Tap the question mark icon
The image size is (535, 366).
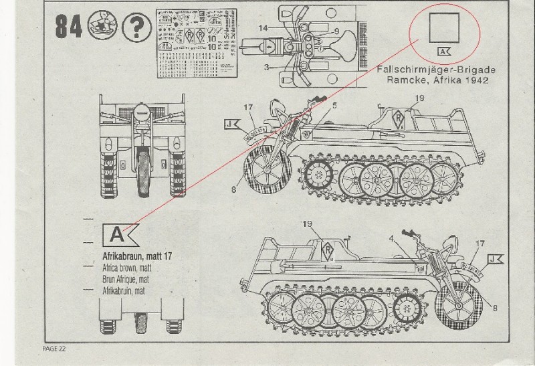(136, 27)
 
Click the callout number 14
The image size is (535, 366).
(263, 27)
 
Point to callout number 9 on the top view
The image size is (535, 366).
(336, 31)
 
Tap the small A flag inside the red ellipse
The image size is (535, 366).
(443, 52)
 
